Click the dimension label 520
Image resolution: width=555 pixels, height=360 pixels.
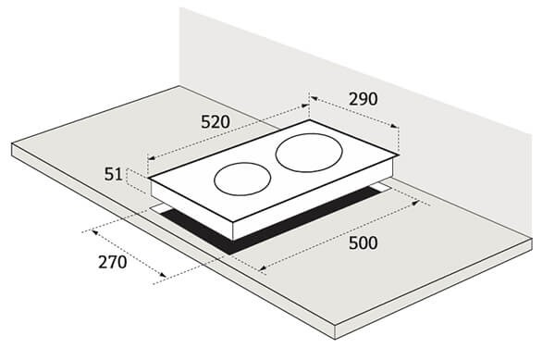tap(216, 122)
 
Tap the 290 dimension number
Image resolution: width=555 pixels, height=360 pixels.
tap(364, 99)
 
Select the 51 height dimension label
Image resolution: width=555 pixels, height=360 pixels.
tap(113, 175)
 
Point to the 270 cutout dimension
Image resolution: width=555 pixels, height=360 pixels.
tap(112, 262)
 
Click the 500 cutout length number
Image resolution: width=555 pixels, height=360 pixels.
tap(364, 243)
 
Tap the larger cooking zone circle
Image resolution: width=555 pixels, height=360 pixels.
tap(309, 133)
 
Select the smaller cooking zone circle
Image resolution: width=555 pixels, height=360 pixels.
tap(242, 163)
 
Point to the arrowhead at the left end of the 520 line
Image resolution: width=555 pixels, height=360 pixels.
tap(150, 158)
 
